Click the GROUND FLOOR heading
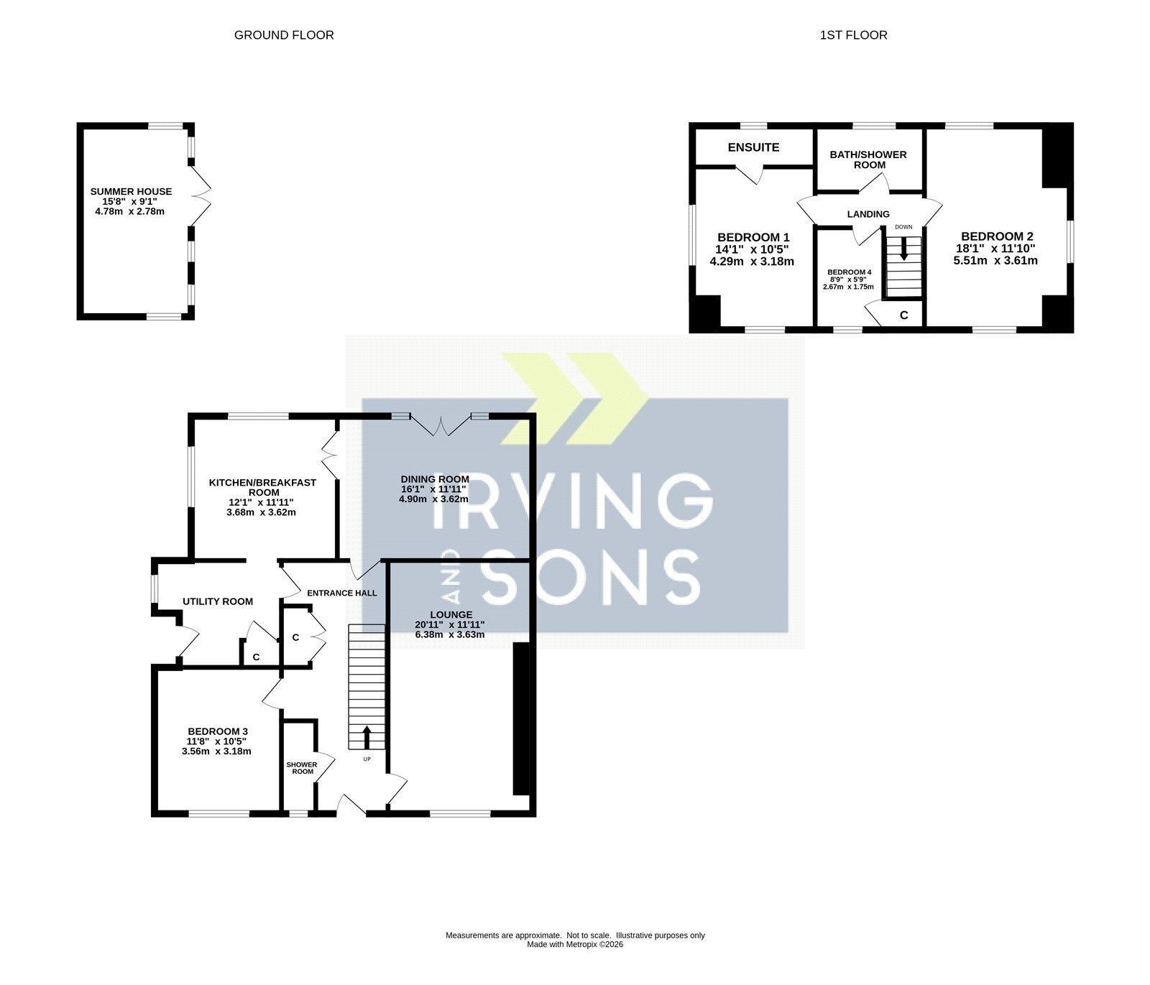[284, 35]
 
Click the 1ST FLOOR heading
[853, 35]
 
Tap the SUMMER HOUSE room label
[131, 192]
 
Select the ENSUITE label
[753, 147]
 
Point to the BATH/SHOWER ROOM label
[868, 159]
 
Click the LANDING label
[868, 214]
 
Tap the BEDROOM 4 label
[849, 272]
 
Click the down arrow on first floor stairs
[903, 249]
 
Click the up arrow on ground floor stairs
[367, 737]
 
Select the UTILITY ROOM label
[218, 601]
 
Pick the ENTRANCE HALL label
[342, 593]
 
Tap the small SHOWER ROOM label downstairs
[302, 768]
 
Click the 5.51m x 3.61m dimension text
[995, 261]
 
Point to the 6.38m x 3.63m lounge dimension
[450, 634]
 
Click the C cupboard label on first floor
[904, 315]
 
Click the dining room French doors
[441, 426]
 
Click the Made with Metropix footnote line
[575, 945]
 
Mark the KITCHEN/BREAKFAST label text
[262, 483]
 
